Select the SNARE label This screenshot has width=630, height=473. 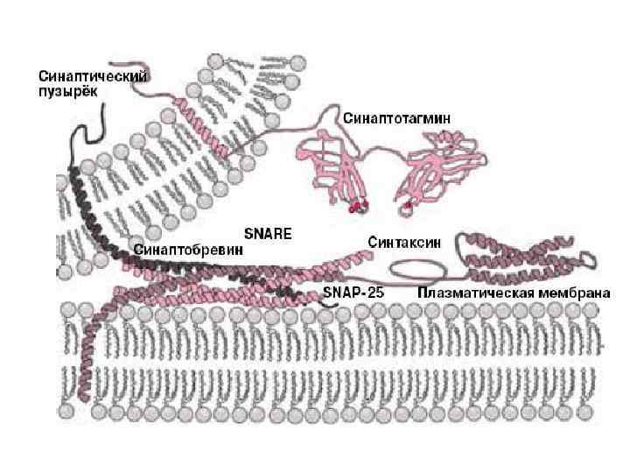267,234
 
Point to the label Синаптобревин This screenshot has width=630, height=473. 187,249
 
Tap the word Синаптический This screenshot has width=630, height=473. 94,77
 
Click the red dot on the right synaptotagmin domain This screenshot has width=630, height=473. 409,207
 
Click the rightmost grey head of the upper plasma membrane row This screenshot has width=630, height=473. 604,309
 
